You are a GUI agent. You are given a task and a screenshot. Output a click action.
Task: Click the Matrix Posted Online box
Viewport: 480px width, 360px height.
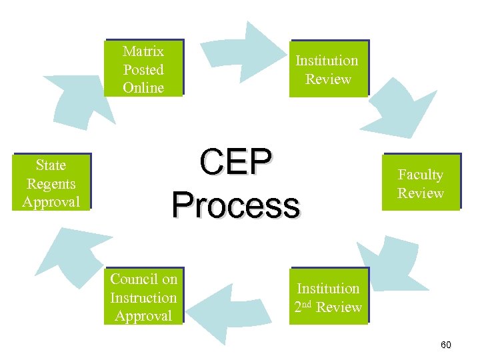pos(143,69)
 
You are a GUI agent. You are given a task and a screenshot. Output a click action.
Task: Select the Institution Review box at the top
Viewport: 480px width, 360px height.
pos(328,69)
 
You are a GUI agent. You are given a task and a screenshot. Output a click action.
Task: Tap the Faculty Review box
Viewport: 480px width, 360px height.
pos(421,183)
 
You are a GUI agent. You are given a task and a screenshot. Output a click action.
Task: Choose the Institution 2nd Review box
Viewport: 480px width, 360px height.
pos(328,297)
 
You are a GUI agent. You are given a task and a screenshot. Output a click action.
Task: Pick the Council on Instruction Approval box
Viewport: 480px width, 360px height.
pos(143,297)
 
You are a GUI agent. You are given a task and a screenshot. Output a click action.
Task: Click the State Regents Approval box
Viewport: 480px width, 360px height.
pos(51,183)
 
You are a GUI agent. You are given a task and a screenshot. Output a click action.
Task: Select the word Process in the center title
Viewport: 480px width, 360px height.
pos(235,204)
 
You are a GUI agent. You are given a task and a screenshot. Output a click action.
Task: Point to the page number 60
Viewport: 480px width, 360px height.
pos(446,345)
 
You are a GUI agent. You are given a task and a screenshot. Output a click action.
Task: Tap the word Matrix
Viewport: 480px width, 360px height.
pos(143,51)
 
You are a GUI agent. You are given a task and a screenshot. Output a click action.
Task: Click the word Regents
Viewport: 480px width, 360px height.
pos(51,183)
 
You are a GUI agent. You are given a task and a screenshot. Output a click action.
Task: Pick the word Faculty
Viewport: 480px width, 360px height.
pos(421,175)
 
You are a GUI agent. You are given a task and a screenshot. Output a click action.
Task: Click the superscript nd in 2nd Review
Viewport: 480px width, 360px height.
pos(309,303)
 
